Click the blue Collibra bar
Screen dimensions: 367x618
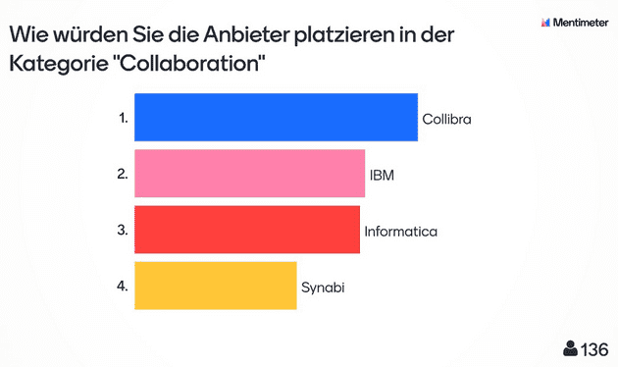point(276,118)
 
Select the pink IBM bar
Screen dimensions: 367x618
point(249,174)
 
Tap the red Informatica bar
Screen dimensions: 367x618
point(246,230)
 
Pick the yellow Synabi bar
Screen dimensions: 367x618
point(215,286)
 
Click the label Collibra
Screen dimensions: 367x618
point(447,119)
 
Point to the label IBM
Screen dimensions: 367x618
point(382,175)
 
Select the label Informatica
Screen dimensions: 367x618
point(400,232)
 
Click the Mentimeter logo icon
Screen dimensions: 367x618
point(545,22)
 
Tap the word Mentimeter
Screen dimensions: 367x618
point(581,22)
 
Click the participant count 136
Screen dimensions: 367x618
point(594,349)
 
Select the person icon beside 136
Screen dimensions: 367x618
point(570,349)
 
